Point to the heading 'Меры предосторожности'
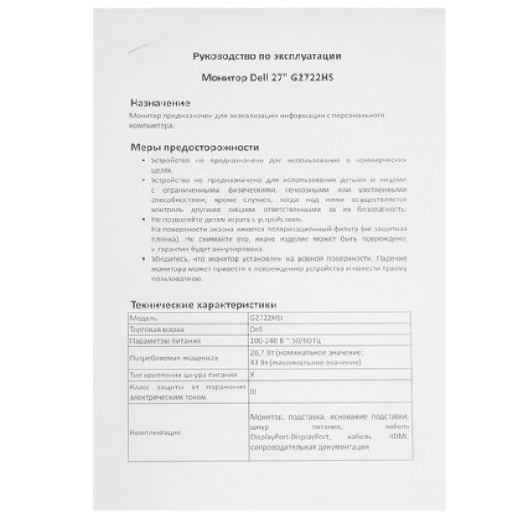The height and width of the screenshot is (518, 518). point(193,147)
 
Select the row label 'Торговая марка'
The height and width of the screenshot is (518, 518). point(156,330)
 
